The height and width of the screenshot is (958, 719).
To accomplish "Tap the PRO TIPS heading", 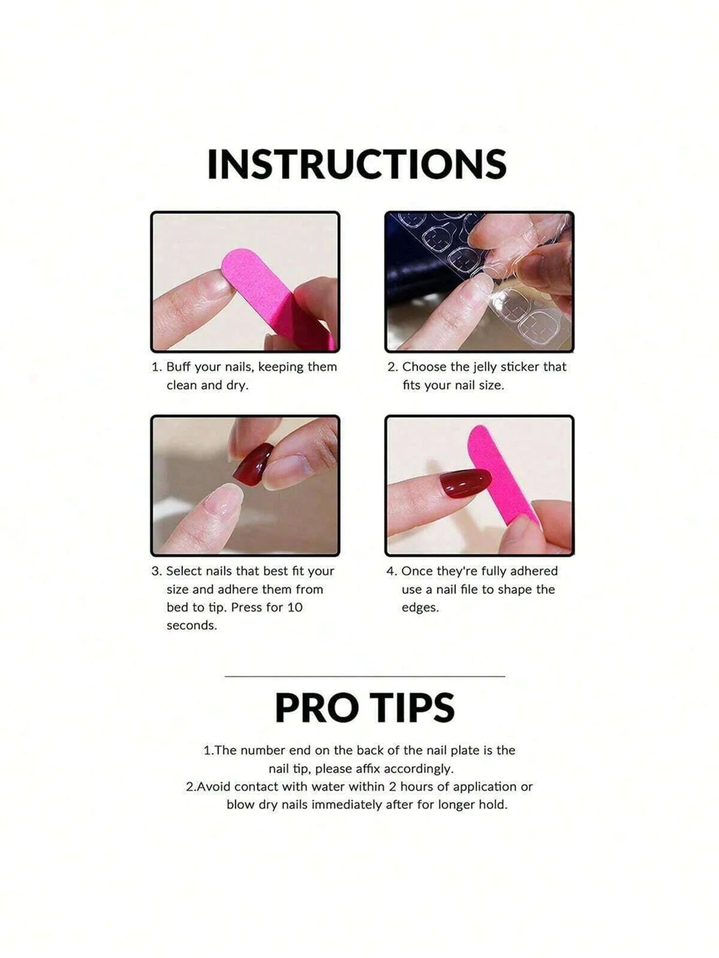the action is click(365, 707).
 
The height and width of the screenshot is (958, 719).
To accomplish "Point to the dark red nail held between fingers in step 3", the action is click(253, 464).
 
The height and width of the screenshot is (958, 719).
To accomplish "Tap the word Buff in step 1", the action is click(179, 367).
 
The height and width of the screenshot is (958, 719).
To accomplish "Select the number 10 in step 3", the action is click(295, 608).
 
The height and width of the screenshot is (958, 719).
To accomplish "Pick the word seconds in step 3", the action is click(192, 626).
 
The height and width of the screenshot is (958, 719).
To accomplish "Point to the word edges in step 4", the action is click(420, 608).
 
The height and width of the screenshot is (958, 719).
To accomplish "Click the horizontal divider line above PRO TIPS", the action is click(365, 676).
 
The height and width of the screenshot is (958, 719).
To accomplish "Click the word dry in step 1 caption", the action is click(238, 385).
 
